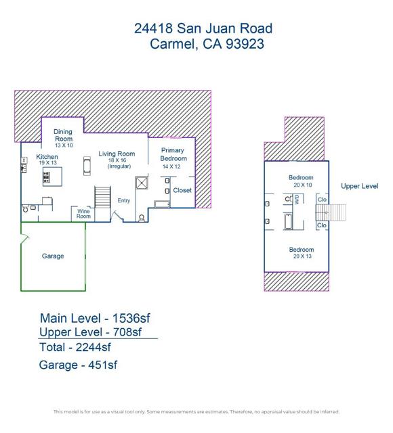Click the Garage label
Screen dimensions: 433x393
[x=53, y=256]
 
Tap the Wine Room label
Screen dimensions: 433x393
[x=83, y=214]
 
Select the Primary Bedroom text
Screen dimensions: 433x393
[x=173, y=154]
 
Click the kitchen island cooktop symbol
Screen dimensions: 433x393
[x=47, y=178]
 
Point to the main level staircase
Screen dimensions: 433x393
[x=102, y=198]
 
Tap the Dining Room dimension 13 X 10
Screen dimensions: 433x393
[x=63, y=145]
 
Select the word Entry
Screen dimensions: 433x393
[x=124, y=200]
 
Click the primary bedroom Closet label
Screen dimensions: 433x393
[x=182, y=191]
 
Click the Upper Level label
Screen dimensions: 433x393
[x=359, y=186]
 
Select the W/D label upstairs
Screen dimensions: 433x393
[x=296, y=199]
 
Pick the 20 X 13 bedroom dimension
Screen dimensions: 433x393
[x=302, y=257]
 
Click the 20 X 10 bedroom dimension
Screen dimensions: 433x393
[x=302, y=185]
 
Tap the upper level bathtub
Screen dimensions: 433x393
[x=288, y=221]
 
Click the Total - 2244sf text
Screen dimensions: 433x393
[x=75, y=347]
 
